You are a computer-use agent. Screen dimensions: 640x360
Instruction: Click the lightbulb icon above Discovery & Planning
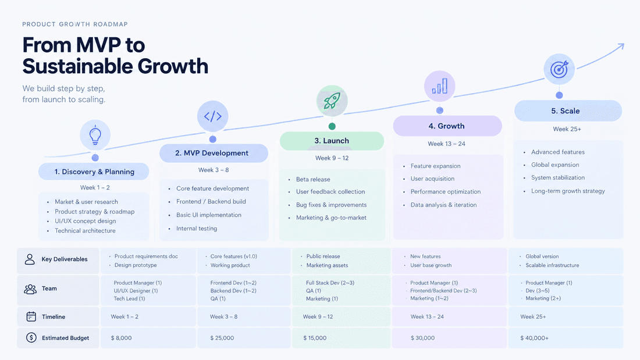[x=95, y=135]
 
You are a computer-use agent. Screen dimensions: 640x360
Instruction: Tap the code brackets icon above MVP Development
[x=212, y=116]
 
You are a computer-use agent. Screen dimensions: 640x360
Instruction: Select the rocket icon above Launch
[x=332, y=101]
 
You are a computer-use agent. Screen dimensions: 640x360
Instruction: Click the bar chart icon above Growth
[x=440, y=86]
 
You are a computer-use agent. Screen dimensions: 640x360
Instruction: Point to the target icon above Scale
[x=559, y=69]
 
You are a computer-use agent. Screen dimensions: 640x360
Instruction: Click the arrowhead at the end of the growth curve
[x=621, y=46]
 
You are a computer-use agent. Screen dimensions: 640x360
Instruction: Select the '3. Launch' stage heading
[x=332, y=141]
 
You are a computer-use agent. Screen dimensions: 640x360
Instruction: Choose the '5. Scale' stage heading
[x=566, y=111]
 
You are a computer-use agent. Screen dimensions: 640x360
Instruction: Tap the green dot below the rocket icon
[x=332, y=127]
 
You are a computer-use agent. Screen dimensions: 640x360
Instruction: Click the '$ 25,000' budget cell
[x=222, y=338]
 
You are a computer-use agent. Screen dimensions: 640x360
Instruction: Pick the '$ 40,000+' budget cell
[x=534, y=338]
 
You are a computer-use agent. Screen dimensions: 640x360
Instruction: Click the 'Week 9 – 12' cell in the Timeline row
[x=318, y=317]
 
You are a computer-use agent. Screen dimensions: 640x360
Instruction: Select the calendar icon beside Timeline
[x=31, y=316]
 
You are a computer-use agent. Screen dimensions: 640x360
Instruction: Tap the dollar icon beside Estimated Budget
[x=31, y=337]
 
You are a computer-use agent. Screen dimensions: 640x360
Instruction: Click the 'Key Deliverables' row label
[x=65, y=259]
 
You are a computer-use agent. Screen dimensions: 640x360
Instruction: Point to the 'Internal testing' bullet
[x=197, y=229]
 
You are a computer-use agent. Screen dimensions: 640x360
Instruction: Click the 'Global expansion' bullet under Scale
[x=555, y=165]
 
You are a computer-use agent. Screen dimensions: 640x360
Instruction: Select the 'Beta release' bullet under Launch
[x=313, y=179]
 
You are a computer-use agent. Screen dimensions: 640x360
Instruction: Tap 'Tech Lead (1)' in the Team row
[x=129, y=299]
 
